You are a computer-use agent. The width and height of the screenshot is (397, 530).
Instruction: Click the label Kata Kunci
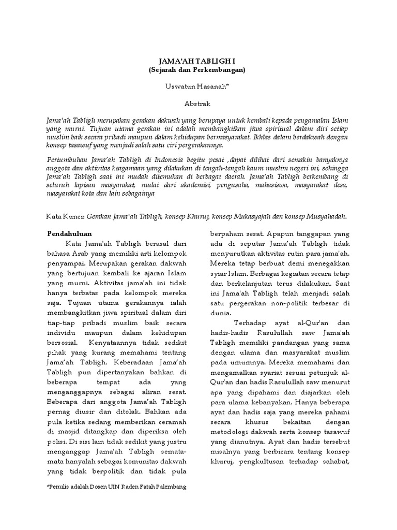[x=65, y=216]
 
